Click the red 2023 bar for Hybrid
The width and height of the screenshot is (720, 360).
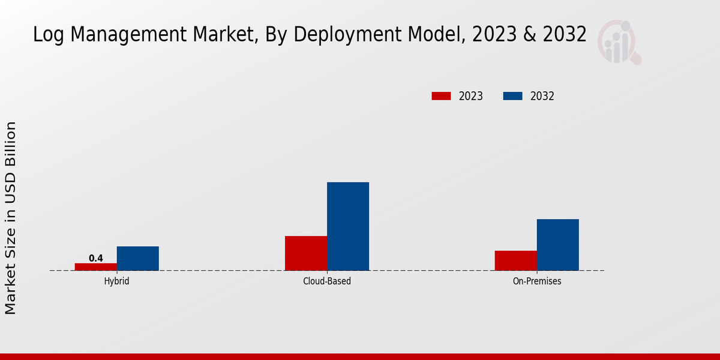point(96,266)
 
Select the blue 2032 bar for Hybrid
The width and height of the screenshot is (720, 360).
point(138,258)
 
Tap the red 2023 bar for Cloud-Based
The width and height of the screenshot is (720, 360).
point(306,253)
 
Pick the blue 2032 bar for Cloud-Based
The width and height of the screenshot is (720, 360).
point(348,226)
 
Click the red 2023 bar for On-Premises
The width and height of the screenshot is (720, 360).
point(516,260)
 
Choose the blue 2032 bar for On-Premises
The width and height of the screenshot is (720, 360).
point(558,244)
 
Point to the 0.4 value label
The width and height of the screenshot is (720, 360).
point(96,258)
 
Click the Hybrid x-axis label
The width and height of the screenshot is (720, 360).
point(116,281)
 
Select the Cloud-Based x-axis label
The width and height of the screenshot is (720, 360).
point(327,281)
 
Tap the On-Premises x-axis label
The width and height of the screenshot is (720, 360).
point(537,281)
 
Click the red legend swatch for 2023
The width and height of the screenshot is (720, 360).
point(441,96)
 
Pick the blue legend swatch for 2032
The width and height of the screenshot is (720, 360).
point(512,96)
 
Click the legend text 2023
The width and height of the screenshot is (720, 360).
point(471,96)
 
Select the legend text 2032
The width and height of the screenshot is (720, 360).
point(542,96)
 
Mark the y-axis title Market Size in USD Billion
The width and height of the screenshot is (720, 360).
point(11,217)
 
